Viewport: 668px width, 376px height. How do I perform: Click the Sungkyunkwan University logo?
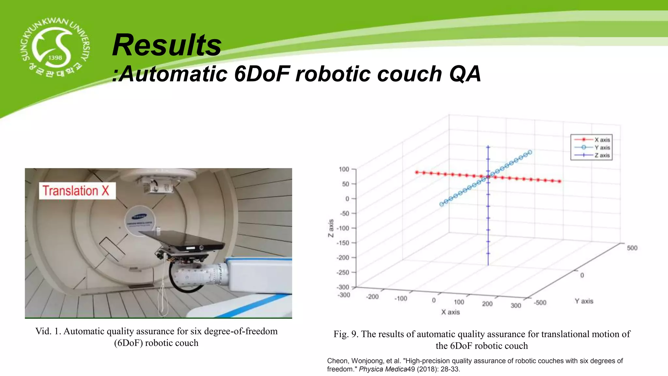pyautogui.click(x=55, y=48)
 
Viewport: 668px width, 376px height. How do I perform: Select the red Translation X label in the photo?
pyautogui.click(x=77, y=191)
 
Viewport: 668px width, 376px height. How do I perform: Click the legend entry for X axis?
pyautogui.click(x=601, y=140)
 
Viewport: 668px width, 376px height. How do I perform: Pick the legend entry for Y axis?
pyautogui.click(x=601, y=148)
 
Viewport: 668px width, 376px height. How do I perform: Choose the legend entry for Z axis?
pyautogui.click(x=601, y=155)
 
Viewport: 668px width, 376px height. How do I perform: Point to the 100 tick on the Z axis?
pyautogui.click(x=344, y=169)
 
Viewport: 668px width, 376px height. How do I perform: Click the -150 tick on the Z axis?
pyautogui.click(x=343, y=243)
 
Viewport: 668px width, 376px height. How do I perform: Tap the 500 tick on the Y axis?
pyautogui.click(x=632, y=248)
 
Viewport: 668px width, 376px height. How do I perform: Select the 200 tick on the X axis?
pyautogui.click(x=487, y=304)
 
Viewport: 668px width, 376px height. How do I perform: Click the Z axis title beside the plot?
pyautogui.click(x=331, y=228)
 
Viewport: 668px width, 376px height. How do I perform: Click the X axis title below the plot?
pyautogui.click(x=450, y=312)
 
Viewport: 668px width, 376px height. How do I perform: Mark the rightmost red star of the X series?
pyautogui.click(x=560, y=181)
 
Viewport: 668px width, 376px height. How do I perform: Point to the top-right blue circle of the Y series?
pyautogui.click(x=530, y=152)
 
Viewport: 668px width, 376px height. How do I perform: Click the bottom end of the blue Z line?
pyautogui.click(x=488, y=265)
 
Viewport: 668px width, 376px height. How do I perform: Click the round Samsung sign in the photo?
pyautogui.click(x=140, y=220)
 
